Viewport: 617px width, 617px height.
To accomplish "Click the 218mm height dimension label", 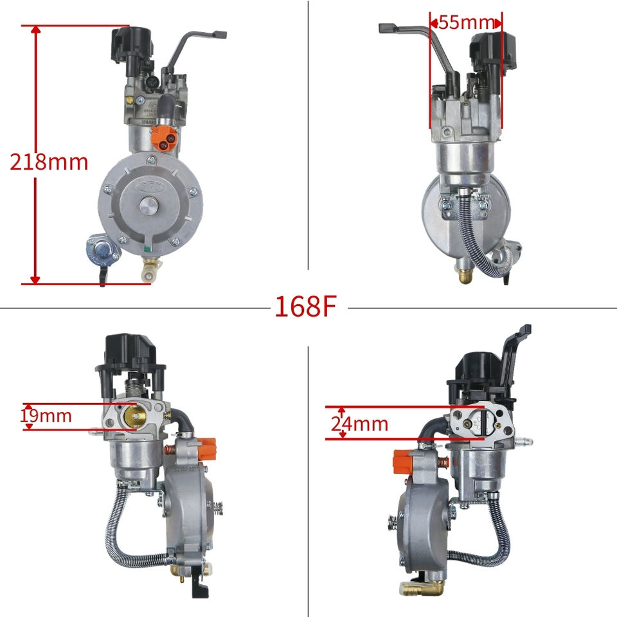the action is tap(49, 162).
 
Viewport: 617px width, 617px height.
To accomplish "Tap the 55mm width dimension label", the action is tap(466, 22).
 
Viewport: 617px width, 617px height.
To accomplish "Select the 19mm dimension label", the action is tap(46, 416).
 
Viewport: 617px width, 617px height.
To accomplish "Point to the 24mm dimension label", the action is tap(359, 424).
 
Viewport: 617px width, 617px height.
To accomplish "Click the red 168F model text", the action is tap(306, 306).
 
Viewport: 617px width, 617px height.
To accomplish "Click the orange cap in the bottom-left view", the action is tap(206, 449).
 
